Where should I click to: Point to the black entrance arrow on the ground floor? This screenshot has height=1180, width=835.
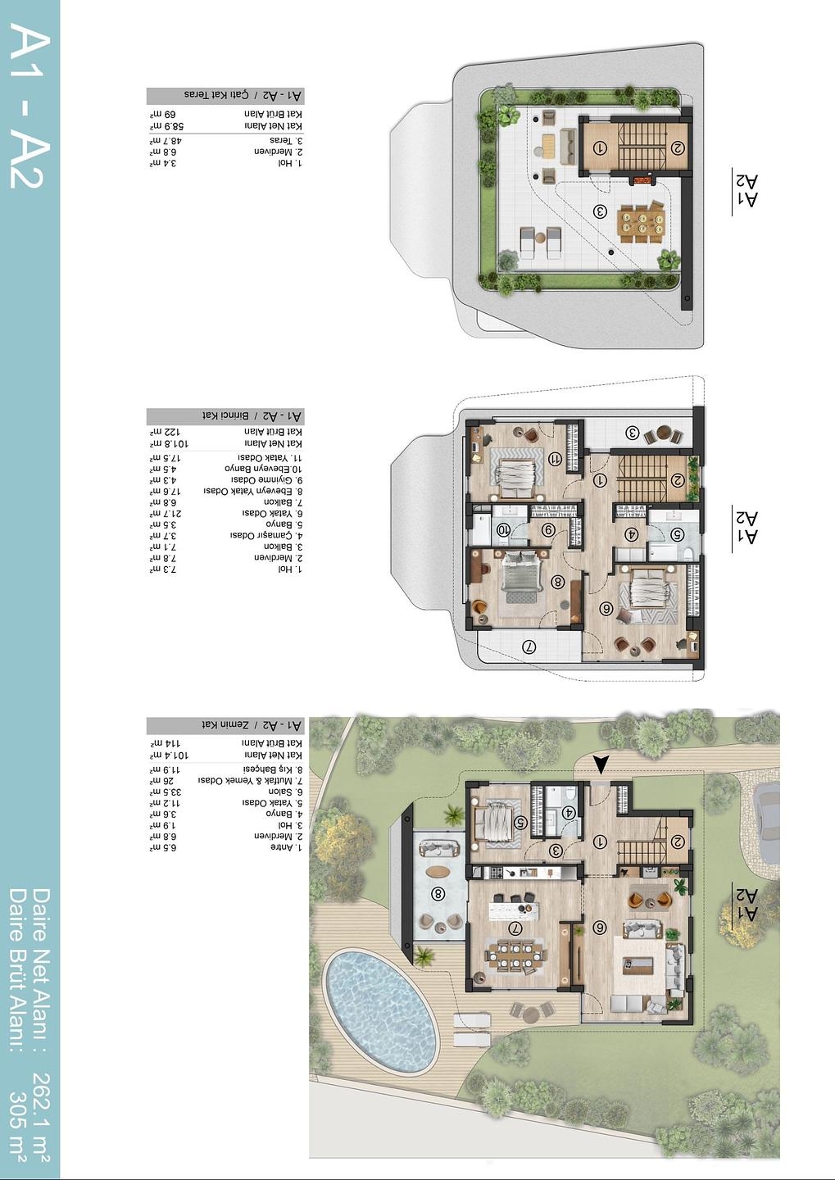pos(601,764)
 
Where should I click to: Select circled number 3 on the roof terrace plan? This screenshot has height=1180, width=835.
pos(600,211)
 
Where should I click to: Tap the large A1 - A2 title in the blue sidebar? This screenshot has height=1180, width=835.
pos(29,107)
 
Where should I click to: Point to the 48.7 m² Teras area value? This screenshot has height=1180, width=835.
pos(165,141)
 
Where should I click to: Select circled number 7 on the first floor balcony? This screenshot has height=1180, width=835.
pos(529,647)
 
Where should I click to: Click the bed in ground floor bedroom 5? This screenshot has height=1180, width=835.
pos(494,822)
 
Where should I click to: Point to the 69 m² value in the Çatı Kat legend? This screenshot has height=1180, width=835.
pos(164,114)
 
